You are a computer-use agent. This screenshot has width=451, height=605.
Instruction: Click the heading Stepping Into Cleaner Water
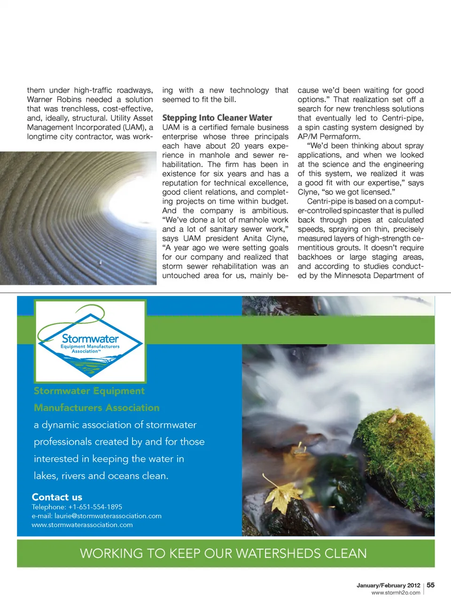click(x=217, y=118)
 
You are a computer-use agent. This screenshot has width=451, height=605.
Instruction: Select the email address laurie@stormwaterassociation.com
click(x=108, y=516)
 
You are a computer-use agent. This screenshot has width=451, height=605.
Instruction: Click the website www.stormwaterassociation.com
click(x=82, y=525)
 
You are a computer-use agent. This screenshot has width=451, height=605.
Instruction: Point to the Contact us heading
click(x=57, y=497)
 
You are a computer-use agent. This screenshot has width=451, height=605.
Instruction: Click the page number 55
click(x=430, y=585)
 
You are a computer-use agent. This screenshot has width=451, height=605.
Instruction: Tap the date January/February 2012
click(x=388, y=585)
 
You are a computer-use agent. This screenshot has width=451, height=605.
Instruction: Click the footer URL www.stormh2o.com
click(x=396, y=593)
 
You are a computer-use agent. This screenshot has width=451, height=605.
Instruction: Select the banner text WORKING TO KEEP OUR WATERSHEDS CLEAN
click(x=223, y=553)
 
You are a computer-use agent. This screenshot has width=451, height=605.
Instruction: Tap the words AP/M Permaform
click(x=329, y=137)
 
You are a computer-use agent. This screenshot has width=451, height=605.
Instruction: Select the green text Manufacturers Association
click(x=96, y=408)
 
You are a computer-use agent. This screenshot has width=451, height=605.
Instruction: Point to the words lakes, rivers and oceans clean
click(x=101, y=476)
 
